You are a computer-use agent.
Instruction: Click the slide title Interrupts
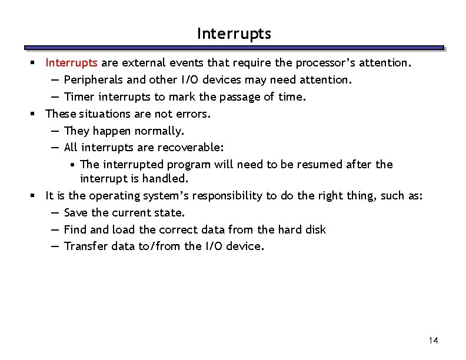point(234,34)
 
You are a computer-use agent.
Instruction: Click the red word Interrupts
point(72,62)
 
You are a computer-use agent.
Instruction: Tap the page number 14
point(434,340)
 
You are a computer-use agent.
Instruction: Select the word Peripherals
point(93,79)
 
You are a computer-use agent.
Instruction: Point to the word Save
point(76,212)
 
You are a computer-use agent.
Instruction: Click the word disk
point(315,229)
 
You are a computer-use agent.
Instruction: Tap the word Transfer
point(86,246)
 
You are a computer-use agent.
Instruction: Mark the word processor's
point(332,62)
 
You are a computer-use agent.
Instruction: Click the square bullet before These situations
point(36,114)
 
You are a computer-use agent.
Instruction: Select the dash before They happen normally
point(55,131)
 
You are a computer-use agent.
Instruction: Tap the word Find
point(75,229)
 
